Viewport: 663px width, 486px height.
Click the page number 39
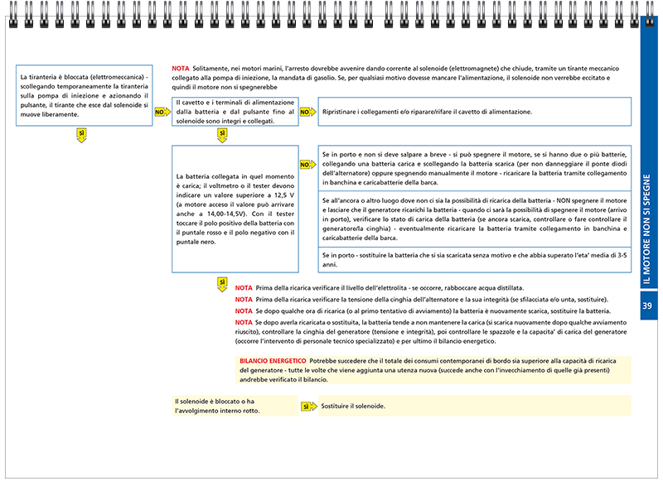pyautogui.click(x=649, y=306)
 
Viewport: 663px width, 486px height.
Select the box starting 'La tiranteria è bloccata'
pyautogui.click(x=85, y=96)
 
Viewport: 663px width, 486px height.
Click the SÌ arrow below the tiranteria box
pyautogui.click(x=81, y=135)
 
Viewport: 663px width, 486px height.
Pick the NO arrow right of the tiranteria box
pyautogui.click(x=161, y=111)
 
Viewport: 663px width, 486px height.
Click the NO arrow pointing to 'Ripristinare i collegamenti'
pyautogui.click(x=306, y=111)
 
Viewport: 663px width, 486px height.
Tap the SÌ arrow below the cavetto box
pyautogui.click(x=221, y=135)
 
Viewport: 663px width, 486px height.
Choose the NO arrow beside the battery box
pyautogui.click(x=306, y=165)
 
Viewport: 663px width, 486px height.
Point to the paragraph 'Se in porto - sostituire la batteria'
pyautogui.click(x=474, y=260)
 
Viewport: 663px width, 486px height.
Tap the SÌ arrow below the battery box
pyautogui.click(x=221, y=284)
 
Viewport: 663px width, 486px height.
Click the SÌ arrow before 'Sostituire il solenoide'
pyautogui.click(x=307, y=407)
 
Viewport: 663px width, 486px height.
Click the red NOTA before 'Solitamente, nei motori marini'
pyautogui.click(x=180, y=68)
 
